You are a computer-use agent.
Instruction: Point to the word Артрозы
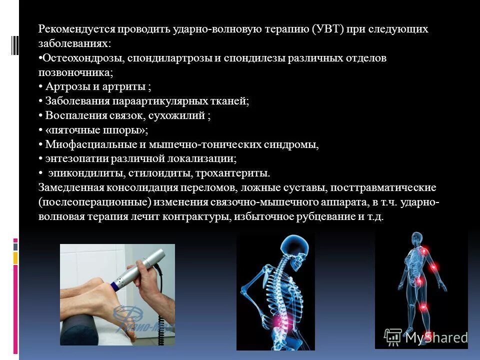pyautogui.click(x=64, y=87)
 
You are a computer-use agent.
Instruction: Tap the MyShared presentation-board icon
pyautogui.click(x=392, y=337)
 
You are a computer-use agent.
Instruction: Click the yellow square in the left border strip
pyautogui.click(x=15, y=257)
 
